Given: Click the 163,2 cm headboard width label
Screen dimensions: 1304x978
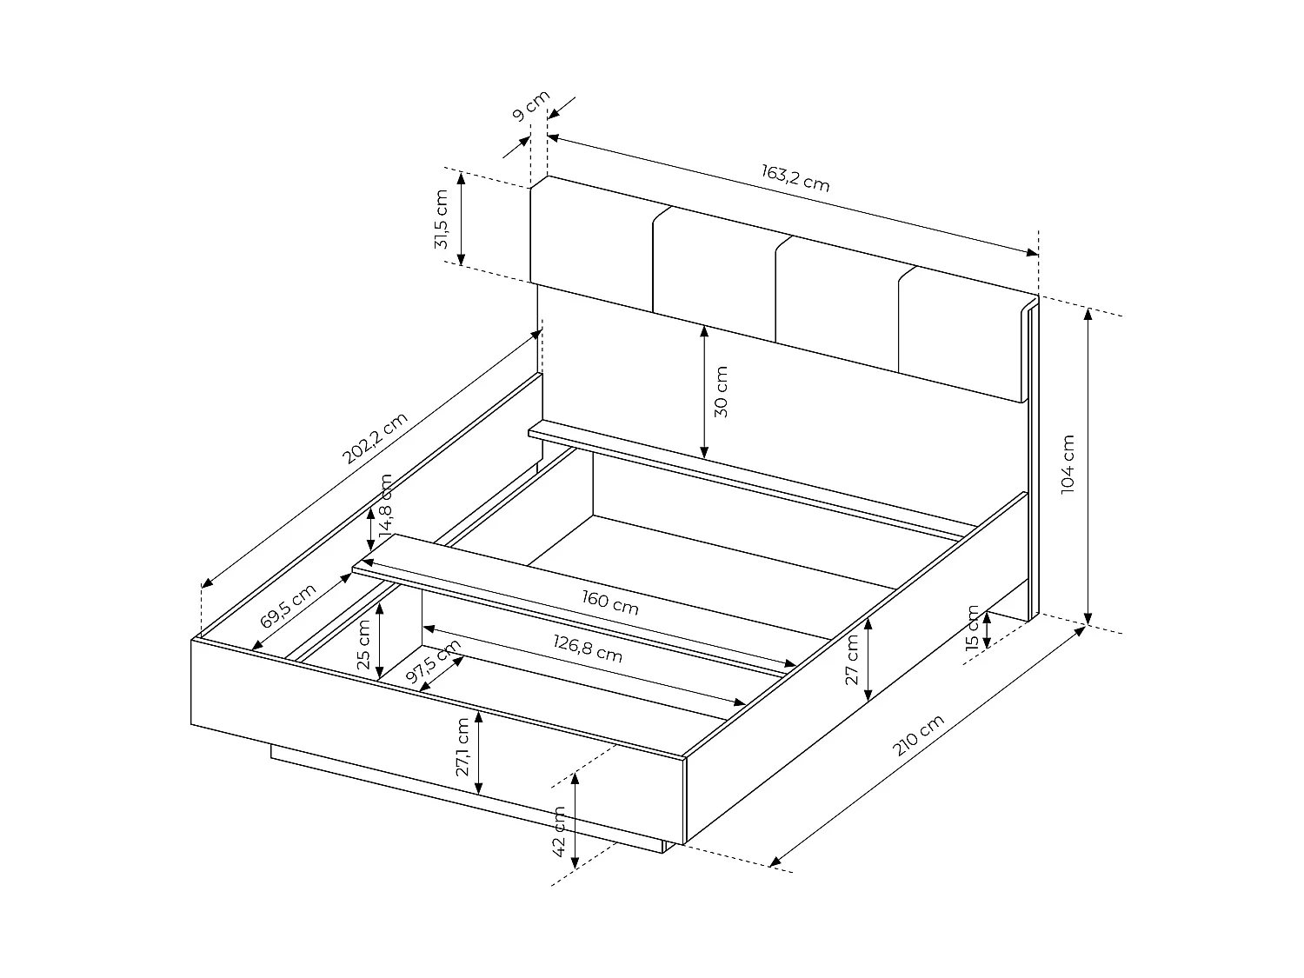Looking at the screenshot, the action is (x=795, y=177).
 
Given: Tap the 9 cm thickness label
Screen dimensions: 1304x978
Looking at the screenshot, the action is (x=531, y=106).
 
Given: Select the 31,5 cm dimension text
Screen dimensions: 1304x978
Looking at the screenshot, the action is (x=442, y=219).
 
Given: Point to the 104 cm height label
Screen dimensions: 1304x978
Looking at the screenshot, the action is (x=1068, y=463).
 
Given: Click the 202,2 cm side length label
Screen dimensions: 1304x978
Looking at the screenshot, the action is (x=375, y=437).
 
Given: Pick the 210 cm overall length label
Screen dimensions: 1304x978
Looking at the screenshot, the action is (x=918, y=735).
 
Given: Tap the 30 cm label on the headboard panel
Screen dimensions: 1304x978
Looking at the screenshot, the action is (x=721, y=392).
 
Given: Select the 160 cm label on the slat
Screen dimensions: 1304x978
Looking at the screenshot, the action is (x=610, y=602).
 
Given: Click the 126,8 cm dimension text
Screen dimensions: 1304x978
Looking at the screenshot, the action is (x=588, y=649).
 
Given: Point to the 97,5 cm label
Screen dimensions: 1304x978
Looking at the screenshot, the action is (x=433, y=661).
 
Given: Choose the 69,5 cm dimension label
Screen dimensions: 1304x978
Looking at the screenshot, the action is (x=288, y=606).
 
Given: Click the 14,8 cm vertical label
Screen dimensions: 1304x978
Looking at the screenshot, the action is (x=386, y=504).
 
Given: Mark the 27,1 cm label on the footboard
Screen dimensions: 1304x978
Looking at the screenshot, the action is (x=462, y=747).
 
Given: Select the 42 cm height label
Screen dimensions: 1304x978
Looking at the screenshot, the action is (x=559, y=831).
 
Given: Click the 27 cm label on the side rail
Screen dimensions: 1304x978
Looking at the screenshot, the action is (x=852, y=660).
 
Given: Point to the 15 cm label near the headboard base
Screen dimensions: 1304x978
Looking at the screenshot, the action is (x=973, y=629).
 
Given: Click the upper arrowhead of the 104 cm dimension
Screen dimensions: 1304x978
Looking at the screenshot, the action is (x=1088, y=314).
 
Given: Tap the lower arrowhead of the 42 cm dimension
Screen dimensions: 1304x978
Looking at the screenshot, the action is (x=575, y=862).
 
